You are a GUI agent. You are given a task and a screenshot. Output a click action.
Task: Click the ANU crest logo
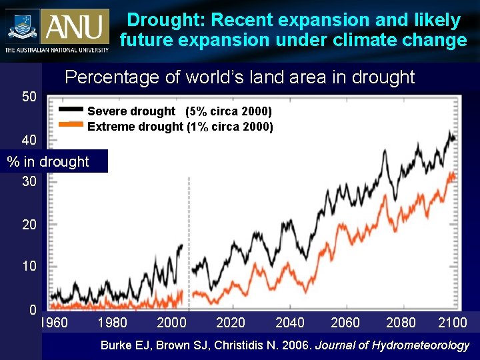[23, 27]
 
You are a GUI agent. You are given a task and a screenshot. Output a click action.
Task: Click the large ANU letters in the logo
[74, 27]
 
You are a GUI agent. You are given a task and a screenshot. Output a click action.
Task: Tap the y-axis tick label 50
[29, 97]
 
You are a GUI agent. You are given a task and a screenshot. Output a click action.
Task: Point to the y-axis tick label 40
[29, 140]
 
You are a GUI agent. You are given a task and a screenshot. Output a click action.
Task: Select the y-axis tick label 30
[29, 181]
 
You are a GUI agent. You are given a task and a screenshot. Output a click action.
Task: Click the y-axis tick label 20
[29, 225]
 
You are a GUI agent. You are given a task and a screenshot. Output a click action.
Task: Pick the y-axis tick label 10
[29, 266]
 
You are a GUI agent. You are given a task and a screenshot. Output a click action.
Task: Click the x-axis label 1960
[54, 323]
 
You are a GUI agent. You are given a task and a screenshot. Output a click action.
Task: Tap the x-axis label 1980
[112, 323]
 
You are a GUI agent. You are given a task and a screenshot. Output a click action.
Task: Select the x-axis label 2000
[171, 323]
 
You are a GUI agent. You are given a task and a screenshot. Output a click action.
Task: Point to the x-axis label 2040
[290, 323]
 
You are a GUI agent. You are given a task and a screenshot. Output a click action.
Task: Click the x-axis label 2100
[452, 323]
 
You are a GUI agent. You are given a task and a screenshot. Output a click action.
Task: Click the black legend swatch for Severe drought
[71, 109]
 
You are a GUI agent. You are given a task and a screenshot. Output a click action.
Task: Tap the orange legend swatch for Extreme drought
[71, 124]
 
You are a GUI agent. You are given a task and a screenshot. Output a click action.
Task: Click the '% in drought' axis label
[47, 161]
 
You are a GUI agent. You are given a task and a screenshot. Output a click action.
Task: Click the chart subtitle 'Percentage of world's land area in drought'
[239, 77]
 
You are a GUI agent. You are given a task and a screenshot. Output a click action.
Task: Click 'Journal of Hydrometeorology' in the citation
[392, 345]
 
